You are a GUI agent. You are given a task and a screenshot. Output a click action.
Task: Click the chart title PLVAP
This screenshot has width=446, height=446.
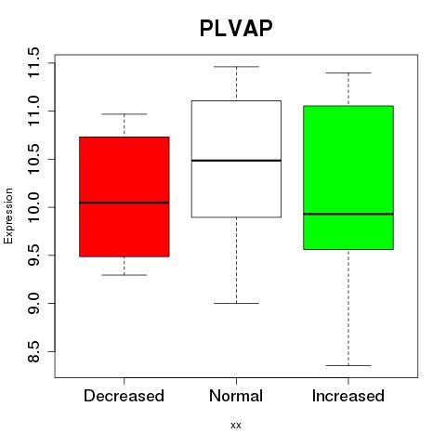[236, 28]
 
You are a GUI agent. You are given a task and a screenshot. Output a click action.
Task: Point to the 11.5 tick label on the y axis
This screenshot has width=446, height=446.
[33, 63]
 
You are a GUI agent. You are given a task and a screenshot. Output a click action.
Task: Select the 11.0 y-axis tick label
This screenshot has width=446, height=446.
[33, 111]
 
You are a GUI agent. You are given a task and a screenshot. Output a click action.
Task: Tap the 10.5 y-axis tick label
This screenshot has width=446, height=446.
[33, 159]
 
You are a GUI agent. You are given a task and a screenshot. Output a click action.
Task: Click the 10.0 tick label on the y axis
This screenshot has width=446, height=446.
[33, 207]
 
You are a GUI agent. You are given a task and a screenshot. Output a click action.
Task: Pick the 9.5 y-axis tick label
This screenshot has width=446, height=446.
[33, 256]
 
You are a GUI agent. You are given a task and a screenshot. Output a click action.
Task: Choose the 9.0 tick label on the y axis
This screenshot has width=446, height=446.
[33, 304]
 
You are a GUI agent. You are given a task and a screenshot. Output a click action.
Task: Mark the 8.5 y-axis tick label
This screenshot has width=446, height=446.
[33, 351]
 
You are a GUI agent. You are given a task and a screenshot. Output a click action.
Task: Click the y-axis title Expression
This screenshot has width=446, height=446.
[8, 216]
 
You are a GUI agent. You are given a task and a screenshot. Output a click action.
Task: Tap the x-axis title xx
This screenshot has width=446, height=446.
[236, 426]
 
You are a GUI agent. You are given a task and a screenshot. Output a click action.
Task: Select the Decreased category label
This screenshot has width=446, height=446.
[124, 396]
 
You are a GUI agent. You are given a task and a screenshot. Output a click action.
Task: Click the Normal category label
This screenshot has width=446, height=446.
[236, 396]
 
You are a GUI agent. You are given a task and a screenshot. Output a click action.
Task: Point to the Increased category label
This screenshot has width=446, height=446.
[348, 396]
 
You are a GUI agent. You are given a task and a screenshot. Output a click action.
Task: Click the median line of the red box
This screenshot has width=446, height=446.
[125, 203]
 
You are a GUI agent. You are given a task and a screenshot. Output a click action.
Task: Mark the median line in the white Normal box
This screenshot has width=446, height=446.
[236, 161]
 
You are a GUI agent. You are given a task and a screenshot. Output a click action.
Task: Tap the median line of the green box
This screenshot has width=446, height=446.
[348, 214]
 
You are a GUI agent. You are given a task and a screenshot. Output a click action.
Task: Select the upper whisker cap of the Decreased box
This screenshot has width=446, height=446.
[125, 114]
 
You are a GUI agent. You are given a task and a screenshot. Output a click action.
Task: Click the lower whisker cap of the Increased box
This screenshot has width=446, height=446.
[348, 365]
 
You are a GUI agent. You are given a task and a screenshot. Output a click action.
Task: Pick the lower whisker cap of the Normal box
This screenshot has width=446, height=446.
[236, 303]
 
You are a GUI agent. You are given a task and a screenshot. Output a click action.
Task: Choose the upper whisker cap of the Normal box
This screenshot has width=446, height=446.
[236, 67]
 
